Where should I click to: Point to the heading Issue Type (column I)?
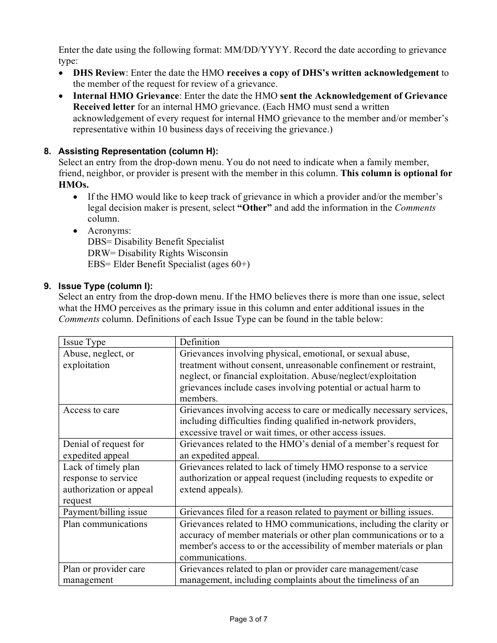point(105,286)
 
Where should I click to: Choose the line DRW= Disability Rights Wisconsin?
point(158,254)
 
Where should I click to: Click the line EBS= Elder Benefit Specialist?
point(169,265)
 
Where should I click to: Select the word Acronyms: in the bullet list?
point(109,231)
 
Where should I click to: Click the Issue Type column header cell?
point(84,342)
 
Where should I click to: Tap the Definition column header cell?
point(200,342)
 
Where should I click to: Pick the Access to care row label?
point(91,410)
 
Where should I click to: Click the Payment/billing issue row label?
point(105,512)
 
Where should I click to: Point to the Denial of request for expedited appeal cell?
point(104,450)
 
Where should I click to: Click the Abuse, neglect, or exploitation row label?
point(98,360)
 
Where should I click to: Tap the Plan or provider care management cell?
point(104,575)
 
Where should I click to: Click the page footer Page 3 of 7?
point(249,619)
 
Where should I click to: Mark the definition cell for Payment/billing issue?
point(307,512)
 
